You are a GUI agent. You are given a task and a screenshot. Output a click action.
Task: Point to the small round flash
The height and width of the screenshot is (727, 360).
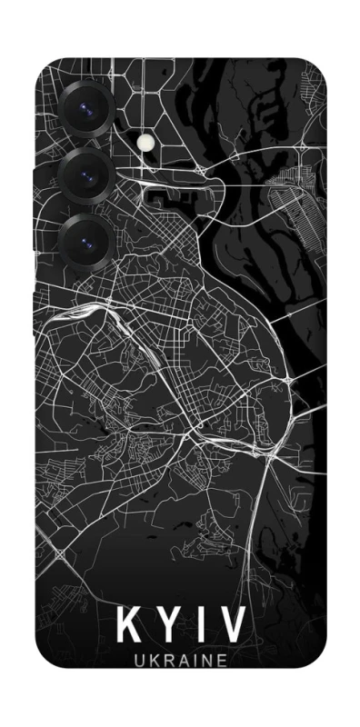147,143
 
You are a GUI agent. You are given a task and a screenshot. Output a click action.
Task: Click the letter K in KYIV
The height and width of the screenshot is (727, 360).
128,628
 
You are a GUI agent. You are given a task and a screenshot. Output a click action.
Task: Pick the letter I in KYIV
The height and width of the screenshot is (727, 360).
198,628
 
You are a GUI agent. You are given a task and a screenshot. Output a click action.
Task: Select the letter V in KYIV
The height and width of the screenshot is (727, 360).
231,628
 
